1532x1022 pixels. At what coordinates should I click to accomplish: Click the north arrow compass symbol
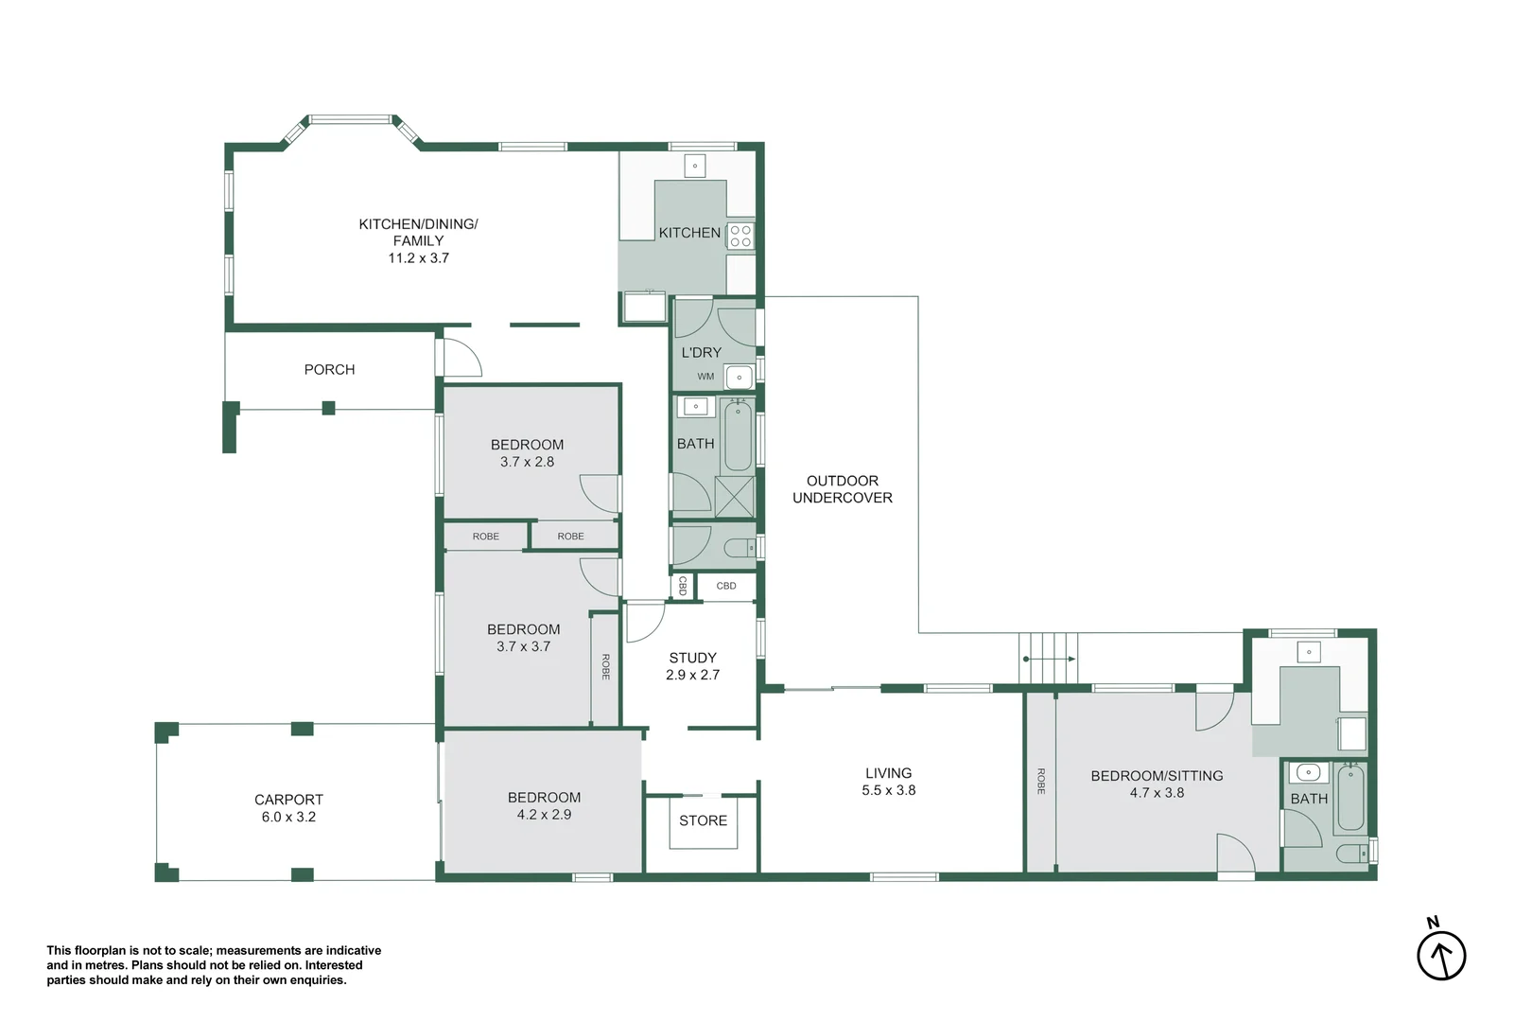pos(1440,954)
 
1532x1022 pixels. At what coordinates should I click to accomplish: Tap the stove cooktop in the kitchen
pos(740,236)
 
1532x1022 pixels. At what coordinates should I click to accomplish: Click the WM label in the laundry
pos(705,377)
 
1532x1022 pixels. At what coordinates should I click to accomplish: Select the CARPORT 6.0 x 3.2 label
pos(288,808)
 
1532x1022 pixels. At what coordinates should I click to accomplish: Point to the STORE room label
pos(703,820)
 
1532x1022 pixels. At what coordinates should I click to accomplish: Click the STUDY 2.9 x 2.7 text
pos(692,666)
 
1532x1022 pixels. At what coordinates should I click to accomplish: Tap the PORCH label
pos(329,370)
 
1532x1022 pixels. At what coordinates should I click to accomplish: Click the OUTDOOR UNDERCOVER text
pos(842,489)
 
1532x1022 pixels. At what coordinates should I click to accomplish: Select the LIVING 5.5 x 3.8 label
pos(888,782)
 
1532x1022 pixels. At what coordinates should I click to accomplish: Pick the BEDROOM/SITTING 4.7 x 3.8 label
pos(1156,784)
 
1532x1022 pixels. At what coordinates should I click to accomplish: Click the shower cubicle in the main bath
pos(734,497)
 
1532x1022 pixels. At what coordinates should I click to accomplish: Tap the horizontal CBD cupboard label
pos(725,586)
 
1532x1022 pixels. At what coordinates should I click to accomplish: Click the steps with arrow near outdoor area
pos(1048,658)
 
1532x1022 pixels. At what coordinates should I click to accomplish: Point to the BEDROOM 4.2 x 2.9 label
pos(544,806)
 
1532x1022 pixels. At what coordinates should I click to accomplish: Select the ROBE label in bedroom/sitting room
pos(1041,781)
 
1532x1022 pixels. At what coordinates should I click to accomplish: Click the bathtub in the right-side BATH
pos(1350,798)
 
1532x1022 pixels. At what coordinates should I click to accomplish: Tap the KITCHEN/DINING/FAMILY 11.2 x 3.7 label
pos(418,240)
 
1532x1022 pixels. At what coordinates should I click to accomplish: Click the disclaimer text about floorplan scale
pos(214,965)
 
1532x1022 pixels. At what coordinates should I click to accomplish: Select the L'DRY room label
pos(701,352)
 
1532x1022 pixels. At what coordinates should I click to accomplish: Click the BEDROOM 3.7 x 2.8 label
pos(527,453)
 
